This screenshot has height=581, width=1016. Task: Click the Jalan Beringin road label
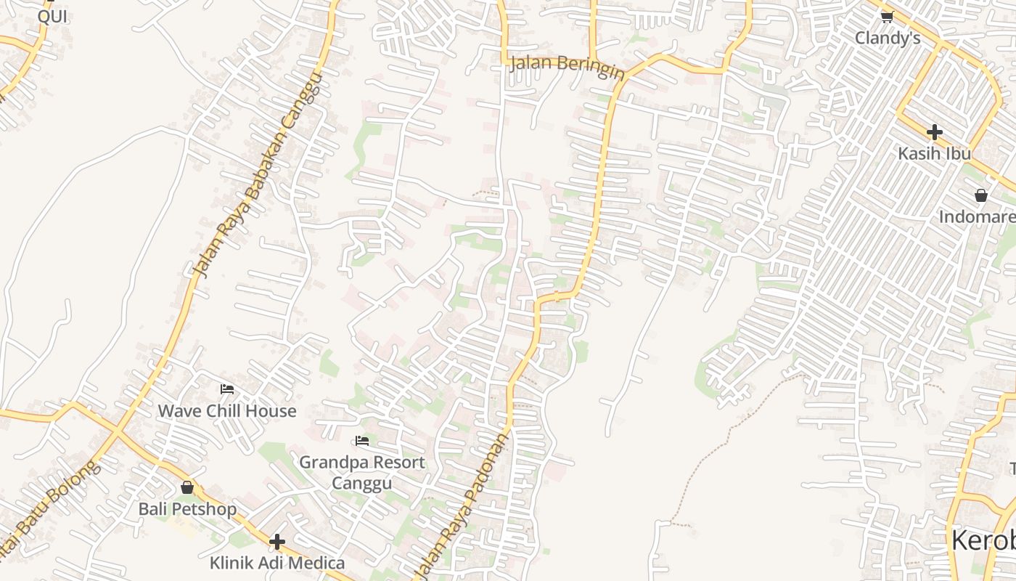click(x=567, y=66)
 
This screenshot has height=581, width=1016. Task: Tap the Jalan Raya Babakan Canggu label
click(x=257, y=174)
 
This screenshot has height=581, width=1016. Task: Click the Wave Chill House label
click(x=227, y=411)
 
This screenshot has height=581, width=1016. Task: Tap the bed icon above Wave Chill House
click(x=227, y=389)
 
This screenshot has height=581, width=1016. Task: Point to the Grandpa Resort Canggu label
click(x=361, y=472)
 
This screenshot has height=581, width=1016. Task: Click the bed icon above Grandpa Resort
click(x=361, y=441)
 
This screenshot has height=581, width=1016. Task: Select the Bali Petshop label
click(x=187, y=509)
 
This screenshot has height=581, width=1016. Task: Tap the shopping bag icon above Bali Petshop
click(x=187, y=487)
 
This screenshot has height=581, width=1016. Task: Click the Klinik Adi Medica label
click(x=277, y=563)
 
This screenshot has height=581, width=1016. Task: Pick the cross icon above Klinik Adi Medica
click(x=276, y=541)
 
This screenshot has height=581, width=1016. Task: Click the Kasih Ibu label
click(x=934, y=154)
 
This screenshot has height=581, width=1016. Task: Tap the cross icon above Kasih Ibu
click(x=934, y=132)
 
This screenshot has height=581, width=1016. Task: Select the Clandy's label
click(x=887, y=38)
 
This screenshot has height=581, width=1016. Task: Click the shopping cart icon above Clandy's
click(x=887, y=16)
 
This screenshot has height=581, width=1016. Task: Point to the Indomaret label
click(x=977, y=217)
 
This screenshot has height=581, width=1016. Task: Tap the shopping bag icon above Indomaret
click(x=981, y=195)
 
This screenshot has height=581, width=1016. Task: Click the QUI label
click(x=52, y=16)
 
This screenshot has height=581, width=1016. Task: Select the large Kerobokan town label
click(x=983, y=541)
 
